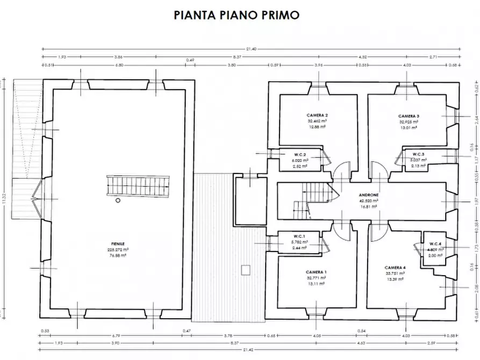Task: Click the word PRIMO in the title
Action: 280,15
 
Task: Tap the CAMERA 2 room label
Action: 317,116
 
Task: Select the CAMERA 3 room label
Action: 409,116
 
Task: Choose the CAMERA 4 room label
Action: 395,267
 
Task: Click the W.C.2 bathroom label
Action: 300,154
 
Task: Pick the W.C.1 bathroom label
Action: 299,236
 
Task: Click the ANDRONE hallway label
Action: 370,195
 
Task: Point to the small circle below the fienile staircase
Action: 118,201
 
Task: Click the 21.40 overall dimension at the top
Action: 252,49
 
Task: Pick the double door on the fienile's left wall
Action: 37,198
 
